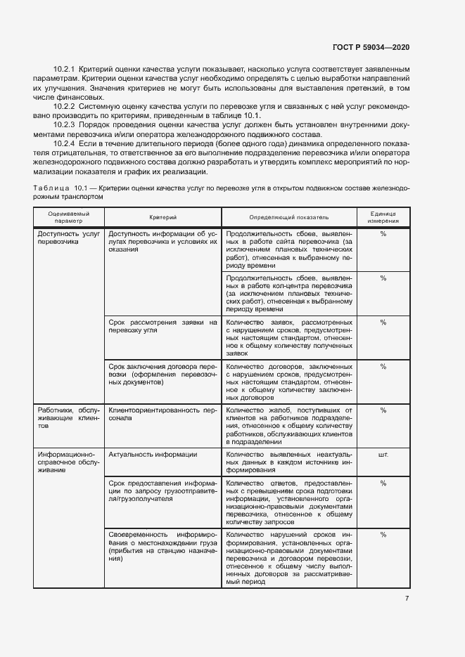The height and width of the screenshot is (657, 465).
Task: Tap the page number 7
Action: coord(407,598)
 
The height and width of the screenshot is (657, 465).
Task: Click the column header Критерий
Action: coord(163,218)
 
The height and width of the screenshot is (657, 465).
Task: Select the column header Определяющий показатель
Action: coord(288,218)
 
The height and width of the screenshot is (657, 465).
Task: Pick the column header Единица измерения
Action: coord(383,217)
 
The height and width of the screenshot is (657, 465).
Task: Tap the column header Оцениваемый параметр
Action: coord(69,217)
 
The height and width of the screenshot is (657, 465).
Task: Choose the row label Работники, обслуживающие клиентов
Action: coord(69,417)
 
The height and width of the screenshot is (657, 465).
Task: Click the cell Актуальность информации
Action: coord(153,455)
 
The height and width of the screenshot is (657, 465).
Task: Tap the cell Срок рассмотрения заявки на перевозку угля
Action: coord(163,326)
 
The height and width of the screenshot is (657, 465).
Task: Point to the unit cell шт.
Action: coord(383,455)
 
